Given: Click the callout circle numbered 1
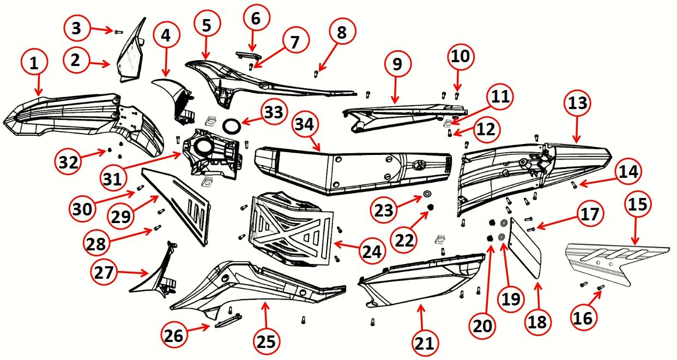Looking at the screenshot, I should [35, 64].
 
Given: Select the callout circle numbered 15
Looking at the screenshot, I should [637, 205].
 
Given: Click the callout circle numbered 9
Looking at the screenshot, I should [396, 63].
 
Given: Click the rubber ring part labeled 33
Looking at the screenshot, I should [232, 125].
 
